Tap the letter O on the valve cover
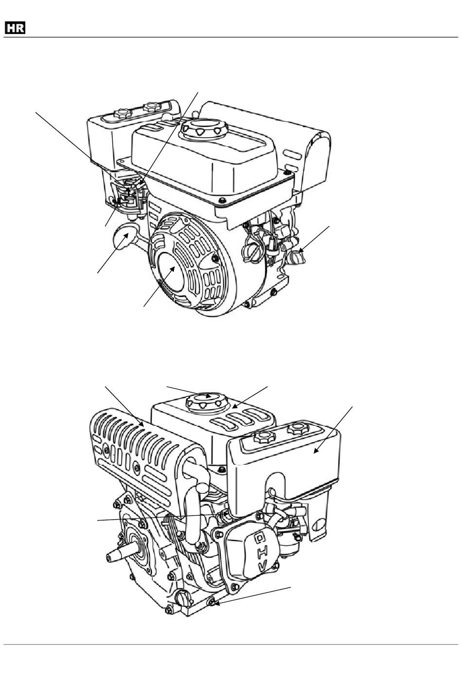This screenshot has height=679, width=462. click(260, 539)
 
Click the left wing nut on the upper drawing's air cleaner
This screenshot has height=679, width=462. click(122, 113)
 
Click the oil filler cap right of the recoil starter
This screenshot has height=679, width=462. click(249, 251)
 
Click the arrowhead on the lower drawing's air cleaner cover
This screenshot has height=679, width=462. click(316, 451)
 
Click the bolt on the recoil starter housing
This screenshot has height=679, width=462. click(215, 258)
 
